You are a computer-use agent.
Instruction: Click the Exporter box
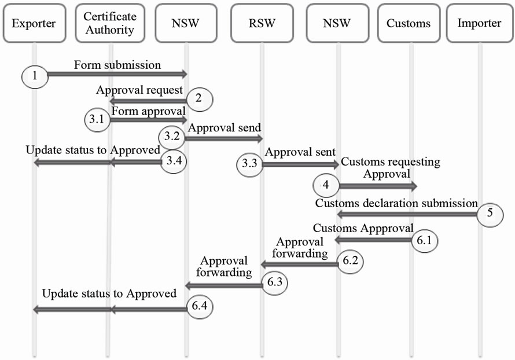34,24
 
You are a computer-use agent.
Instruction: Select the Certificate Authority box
109,24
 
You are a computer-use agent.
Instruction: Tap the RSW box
261,24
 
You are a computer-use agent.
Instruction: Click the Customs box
409,24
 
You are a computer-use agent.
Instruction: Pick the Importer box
479,24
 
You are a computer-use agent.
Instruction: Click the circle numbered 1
34,75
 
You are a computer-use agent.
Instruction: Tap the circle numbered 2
198,98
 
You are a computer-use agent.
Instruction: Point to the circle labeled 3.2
172,138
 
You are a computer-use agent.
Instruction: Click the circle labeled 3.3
249,165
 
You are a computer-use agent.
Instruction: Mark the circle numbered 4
326,186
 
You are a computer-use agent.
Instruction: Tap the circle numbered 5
490,212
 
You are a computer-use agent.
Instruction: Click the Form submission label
117,65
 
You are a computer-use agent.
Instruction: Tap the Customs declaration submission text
396,203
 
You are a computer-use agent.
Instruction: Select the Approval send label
223,127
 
